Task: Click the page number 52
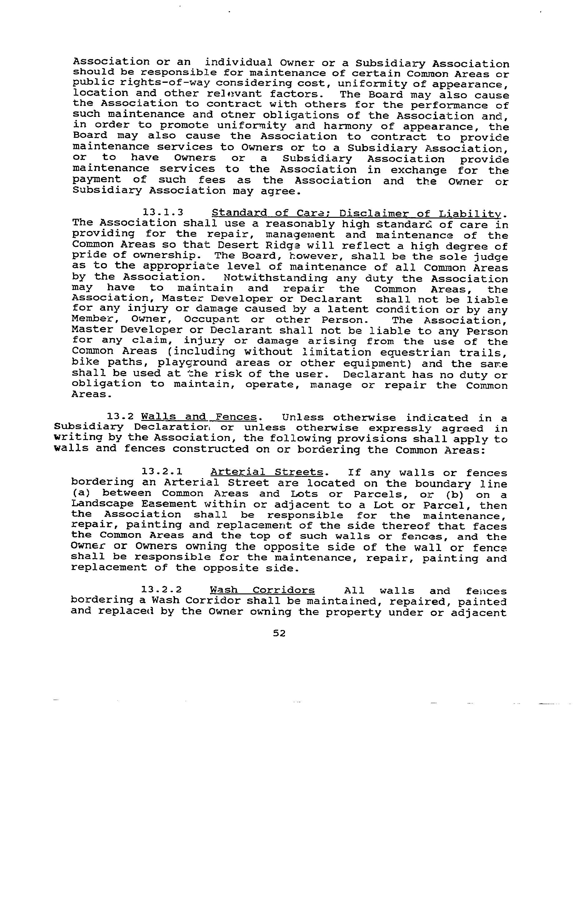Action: point(279,633)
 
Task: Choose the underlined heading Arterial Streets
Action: point(267,472)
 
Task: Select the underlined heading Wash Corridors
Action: point(262,590)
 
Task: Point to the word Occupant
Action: point(212,320)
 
